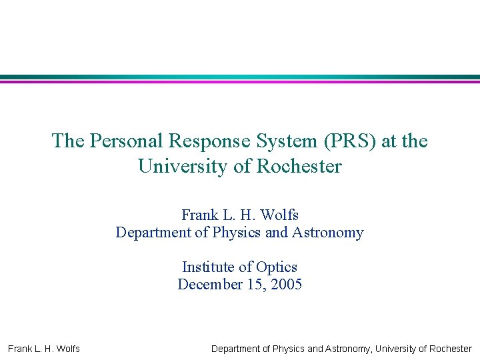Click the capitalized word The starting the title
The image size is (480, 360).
coord(68,141)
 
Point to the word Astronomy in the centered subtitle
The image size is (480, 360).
coord(329,233)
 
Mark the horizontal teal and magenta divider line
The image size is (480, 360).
coord(240,79)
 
